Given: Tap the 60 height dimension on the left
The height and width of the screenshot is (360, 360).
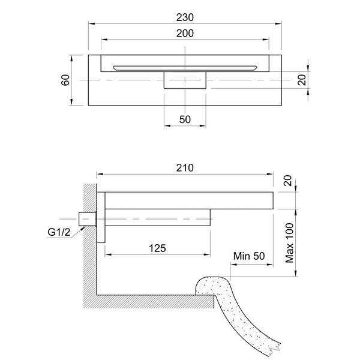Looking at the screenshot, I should (x=65, y=80).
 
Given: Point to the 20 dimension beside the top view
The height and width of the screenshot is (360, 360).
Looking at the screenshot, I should (x=302, y=80).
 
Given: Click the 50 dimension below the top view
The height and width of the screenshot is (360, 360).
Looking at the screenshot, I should (x=185, y=119).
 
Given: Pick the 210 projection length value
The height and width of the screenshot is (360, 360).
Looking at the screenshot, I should (x=185, y=169).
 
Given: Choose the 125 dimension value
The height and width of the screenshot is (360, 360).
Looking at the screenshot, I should (x=157, y=247).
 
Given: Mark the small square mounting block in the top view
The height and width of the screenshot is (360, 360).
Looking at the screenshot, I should (x=185, y=80).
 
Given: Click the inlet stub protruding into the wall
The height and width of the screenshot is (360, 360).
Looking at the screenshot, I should (x=87, y=218).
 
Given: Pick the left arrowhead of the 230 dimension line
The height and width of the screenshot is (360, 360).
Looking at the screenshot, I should (x=91, y=23).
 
